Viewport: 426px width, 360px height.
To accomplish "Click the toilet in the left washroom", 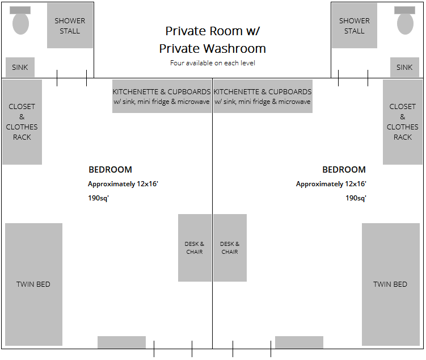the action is coord(20,20).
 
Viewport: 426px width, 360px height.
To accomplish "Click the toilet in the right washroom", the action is coord(405,20).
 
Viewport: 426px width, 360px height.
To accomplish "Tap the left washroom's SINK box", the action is coord(20,67).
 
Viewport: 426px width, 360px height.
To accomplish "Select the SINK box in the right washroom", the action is coord(404,67).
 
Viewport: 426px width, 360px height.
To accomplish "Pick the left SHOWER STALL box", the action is coord(70,26).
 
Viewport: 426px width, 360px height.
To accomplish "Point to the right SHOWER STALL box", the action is coord(355,26).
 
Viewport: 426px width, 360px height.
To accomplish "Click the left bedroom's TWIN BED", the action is coord(33,284).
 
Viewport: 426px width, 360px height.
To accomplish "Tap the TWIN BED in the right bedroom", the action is coord(391,284).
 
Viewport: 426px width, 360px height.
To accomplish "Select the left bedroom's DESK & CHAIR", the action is coord(195,248).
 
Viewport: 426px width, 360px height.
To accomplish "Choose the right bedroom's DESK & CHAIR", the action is coord(230,248).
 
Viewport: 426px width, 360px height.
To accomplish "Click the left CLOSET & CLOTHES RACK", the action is coord(22,122).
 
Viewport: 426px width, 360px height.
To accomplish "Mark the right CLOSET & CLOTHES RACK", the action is coord(403,122).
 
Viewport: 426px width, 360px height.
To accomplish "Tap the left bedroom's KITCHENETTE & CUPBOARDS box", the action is coord(162,97).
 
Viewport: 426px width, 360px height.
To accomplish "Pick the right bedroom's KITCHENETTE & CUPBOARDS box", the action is coord(263,97).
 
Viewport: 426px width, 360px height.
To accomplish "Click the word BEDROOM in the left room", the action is coord(110,170).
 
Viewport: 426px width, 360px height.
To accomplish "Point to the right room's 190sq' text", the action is coord(356,198).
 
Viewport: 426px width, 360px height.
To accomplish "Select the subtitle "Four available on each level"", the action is coord(213,63).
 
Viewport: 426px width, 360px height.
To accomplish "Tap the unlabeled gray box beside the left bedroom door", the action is coord(121,342).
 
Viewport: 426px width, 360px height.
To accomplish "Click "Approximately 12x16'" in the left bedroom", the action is coord(123,184).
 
